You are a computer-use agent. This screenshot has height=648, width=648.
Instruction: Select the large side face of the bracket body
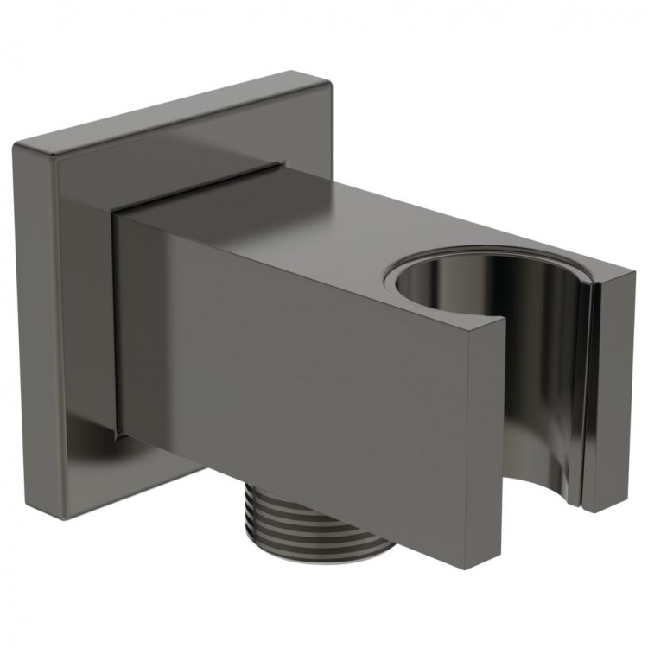coord(294,346)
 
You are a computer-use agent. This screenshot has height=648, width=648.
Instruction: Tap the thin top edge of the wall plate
coord(173,112)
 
